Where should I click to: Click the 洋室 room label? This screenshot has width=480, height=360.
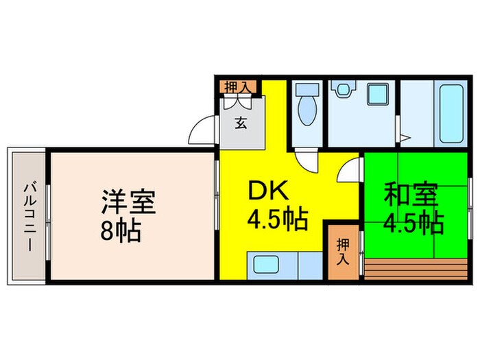[130, 202]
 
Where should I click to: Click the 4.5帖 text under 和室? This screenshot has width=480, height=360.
[412, 222]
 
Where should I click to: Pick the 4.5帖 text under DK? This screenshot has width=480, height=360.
[277, 220]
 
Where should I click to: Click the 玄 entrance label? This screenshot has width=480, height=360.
[241, 124]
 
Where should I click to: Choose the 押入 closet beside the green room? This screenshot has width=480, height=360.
[342, 250]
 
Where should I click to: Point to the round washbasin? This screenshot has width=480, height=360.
[341, 90]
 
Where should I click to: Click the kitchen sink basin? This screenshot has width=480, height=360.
[265, 265]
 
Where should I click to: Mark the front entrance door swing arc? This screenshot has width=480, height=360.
[204, 130]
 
